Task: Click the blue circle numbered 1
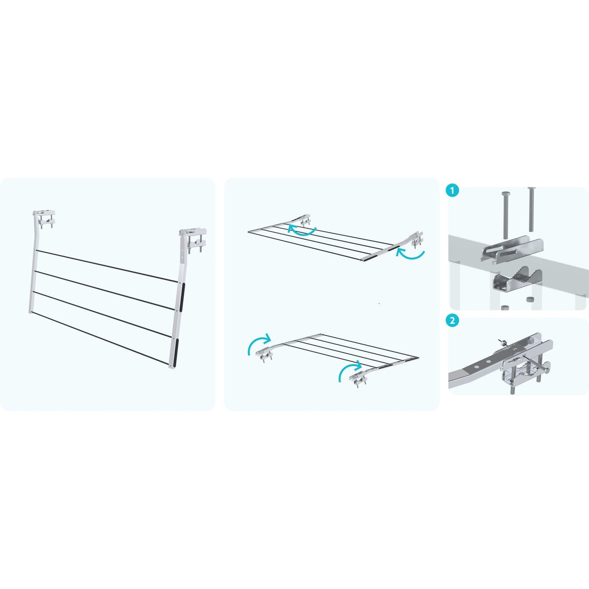tap(453, 191)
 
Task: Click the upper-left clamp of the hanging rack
tap(44, 219)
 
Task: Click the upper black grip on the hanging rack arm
tap(182, 297)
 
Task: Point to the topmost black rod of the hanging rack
tap(107, 266)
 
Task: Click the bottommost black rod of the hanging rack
tap(99, 338)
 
